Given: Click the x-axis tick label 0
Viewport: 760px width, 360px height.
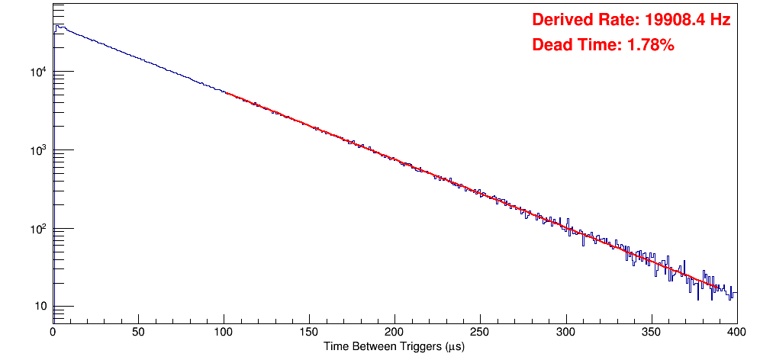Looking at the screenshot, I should tap(53, 332).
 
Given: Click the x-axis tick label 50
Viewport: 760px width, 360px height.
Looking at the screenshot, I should tap(138, 332).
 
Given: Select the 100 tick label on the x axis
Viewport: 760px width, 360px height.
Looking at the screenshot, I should tap(224, 332).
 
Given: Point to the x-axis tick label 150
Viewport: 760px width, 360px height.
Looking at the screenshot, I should tap(309, 332).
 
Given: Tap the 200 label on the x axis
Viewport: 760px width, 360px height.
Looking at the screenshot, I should tap(394, 332).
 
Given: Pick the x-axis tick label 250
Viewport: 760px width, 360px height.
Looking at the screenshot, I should tap(480, 332).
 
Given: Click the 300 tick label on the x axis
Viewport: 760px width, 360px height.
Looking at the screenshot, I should tap(565, 332).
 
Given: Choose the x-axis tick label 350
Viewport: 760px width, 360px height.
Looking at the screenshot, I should tap(651, 332).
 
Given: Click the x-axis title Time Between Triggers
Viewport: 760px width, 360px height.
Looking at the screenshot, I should tap(394, 346).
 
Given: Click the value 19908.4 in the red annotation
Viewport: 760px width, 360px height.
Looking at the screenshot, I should tap(669, 20).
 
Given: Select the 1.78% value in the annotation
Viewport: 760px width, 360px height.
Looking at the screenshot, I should tap(650, 45).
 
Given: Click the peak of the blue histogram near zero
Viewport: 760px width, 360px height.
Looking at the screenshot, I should tap(56, 26).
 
